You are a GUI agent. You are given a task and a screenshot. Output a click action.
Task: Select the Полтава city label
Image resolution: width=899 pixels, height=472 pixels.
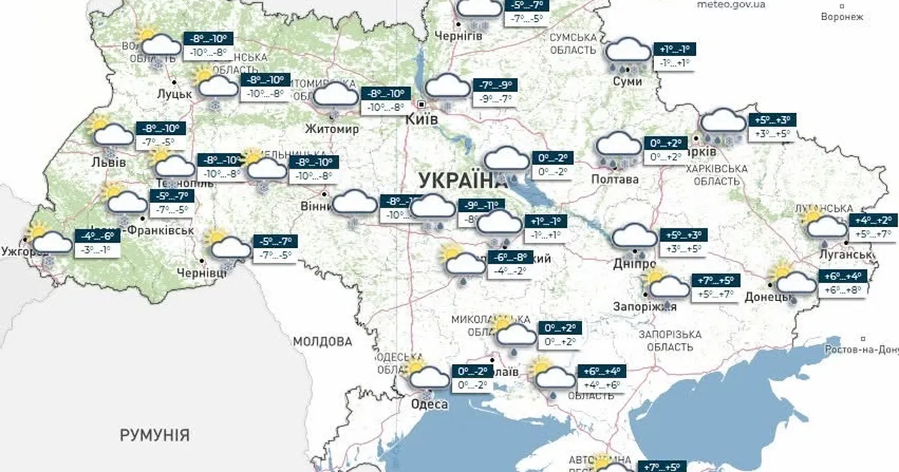coord(615,180)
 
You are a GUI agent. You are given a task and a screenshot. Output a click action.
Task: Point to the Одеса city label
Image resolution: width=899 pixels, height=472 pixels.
coord(429,405)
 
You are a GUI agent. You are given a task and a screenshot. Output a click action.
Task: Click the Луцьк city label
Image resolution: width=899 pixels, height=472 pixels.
coord(175,94)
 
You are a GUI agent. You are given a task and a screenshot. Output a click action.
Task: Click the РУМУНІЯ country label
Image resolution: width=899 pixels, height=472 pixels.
coord(155,435)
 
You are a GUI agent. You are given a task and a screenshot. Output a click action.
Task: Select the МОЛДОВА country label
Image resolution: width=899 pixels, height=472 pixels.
coord(322,342)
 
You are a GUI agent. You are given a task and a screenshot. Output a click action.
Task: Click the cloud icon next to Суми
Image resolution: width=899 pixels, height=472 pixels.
coord(628,52)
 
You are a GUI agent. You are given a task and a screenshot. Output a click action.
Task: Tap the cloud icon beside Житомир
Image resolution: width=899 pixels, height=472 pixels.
coord(336,95)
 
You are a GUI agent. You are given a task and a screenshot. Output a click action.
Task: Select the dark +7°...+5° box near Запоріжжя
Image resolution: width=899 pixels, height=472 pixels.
coord(715,281)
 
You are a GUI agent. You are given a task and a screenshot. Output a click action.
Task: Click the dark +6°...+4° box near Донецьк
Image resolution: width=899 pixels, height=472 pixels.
coord(842,276)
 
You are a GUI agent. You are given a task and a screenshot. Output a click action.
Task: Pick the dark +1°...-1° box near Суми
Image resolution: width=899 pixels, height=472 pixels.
coord(675,49)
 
